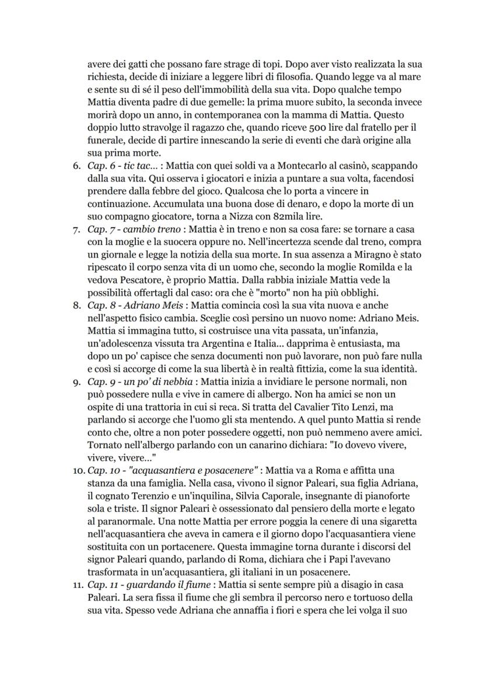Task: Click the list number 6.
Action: (x=75, y=166)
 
